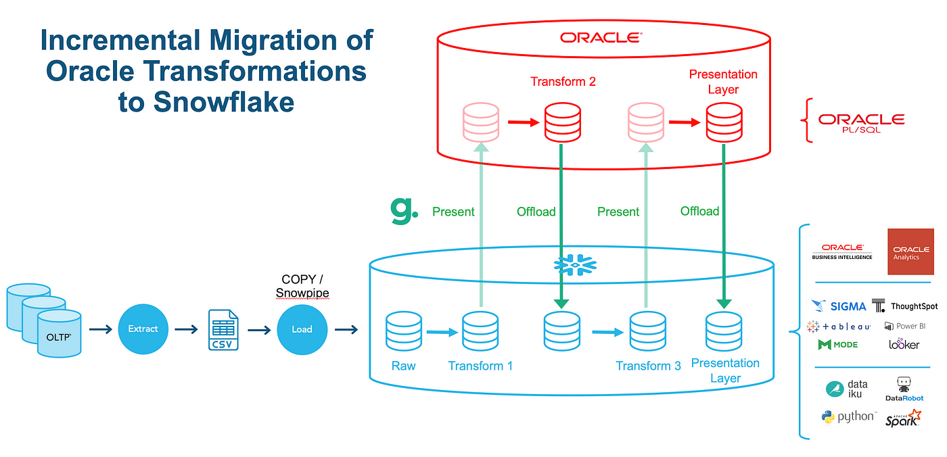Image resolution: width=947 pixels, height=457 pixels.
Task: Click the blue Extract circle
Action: (x=143, y=329)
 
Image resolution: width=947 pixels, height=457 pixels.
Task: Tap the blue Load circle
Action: (x=302, y=329)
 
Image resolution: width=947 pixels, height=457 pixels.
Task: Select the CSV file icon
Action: (x=223, y=330)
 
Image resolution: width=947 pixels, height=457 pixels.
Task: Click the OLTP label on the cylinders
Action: (x=58, y=337)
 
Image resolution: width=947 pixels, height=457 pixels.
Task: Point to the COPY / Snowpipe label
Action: (x=302, y=286)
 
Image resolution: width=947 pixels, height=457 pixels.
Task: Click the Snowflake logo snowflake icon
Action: (x=575, y=265)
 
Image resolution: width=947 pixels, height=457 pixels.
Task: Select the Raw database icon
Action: (x=404, y=331)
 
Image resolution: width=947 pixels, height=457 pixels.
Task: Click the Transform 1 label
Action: (x=480, y=366)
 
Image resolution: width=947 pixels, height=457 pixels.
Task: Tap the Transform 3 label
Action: (x=648, y=366)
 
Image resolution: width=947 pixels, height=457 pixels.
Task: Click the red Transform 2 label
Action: (x=563, y=82)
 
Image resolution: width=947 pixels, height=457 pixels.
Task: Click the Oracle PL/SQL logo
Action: (x=861, y=123)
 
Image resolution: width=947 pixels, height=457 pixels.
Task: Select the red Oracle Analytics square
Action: (x=910, y=251)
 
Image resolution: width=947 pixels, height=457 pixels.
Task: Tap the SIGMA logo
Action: (x=839, y=306)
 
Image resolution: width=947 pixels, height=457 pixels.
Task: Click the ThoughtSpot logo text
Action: (x=914, y=306)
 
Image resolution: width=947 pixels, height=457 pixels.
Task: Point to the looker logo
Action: (x=904, y=344)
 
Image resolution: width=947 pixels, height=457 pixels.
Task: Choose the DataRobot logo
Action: (x=904, y=389)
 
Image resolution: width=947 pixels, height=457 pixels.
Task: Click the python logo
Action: (x=848, y=417)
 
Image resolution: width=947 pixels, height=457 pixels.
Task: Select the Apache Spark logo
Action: (x=903, y=418)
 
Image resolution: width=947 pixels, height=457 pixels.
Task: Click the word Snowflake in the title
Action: (x=223, y=102)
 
